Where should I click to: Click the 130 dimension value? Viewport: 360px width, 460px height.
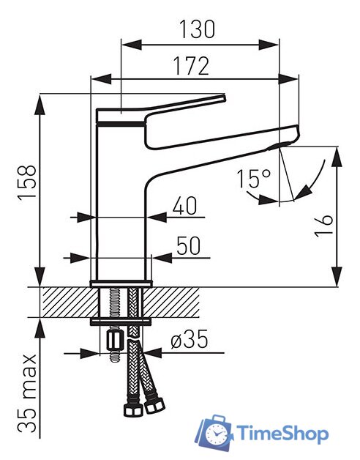(x=197, y=29)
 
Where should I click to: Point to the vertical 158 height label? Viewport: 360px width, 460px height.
(x=27, y=182)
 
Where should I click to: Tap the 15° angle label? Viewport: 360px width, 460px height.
(x=254, y=179)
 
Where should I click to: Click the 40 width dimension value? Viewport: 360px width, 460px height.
(x=184, y=206)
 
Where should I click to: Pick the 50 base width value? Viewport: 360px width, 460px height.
(x=189, y=245)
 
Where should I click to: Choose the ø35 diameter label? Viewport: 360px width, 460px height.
(x=190, y=339)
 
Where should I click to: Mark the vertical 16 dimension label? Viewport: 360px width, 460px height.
(x=323, y=226)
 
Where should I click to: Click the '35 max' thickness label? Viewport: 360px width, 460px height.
(x=27, y=393)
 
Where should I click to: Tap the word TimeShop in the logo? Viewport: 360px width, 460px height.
(x=282, y=433)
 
